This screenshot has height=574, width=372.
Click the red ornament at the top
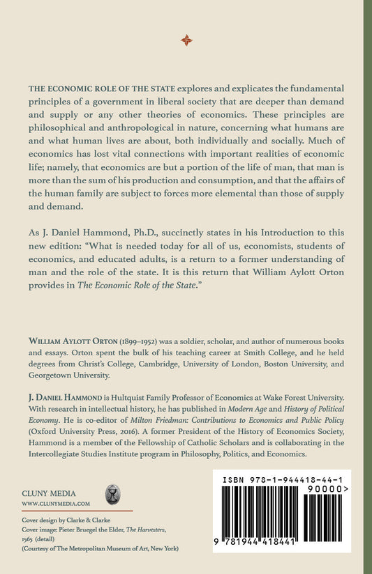click(186, 40)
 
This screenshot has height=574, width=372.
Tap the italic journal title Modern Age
click(252, 406)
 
